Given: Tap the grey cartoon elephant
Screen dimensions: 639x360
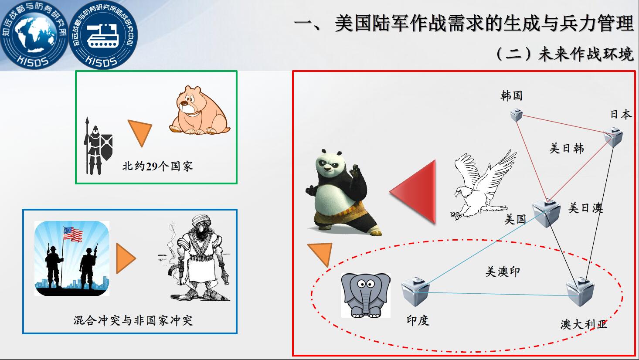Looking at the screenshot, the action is point(366,295).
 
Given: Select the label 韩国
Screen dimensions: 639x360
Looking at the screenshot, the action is point(511,95).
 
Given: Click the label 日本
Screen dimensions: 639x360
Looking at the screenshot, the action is point(621,114).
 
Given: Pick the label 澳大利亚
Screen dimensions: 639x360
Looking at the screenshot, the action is point(584,324).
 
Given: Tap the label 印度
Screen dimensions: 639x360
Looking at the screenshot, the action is point(418,320).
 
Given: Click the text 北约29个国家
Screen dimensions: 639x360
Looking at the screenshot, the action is point(157,166).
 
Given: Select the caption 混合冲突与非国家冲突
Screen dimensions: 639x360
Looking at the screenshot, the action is point(133,320).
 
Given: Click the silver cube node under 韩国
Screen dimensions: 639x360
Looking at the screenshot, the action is point(517,115).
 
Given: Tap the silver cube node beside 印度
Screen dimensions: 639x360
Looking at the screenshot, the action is point(415,292).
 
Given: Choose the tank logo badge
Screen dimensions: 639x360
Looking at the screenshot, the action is point(103,35).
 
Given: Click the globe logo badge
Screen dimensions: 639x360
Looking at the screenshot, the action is point(34,35).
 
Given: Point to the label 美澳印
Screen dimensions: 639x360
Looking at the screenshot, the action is point(503,272).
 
